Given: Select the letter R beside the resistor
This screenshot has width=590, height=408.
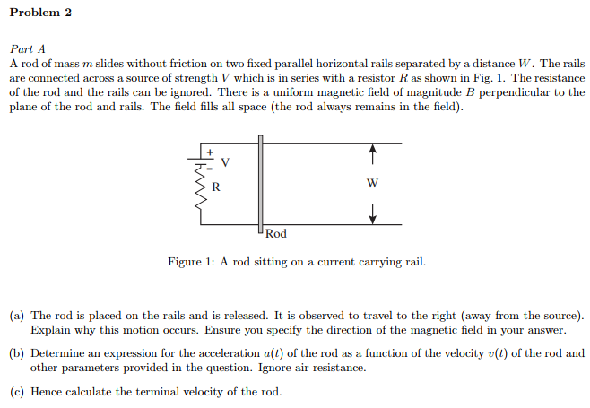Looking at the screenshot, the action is pos(215,187).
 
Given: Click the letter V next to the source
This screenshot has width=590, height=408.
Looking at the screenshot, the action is pos(225,163).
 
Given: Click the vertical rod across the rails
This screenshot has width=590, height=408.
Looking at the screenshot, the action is pos(260,184).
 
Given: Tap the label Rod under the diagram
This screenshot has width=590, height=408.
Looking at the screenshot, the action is pos(276,234).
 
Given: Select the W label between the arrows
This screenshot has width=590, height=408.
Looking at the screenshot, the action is pos(372,185).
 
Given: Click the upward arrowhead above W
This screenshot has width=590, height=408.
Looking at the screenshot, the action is pos(372,152).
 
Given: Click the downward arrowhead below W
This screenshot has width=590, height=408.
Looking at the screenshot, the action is pos(372,217).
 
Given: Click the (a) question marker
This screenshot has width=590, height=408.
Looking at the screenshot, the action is pos(17,316).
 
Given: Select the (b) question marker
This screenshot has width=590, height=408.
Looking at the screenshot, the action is pos(17,353).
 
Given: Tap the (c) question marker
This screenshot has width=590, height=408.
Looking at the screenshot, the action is pos(17,392).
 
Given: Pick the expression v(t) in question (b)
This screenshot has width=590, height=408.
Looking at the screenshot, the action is pos(474,353).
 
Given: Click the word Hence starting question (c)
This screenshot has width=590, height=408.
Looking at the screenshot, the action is pos(46,392).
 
